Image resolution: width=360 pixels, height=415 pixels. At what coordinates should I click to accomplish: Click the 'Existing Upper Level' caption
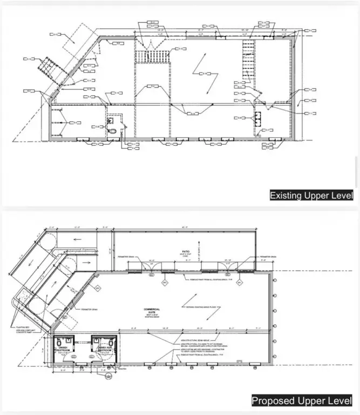coord(311,195)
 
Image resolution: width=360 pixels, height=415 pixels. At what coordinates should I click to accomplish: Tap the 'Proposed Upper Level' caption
coord(302,401)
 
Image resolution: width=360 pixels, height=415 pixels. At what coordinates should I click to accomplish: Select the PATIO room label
coord(185,252)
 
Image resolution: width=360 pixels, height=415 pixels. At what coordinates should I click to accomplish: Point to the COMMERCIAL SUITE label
coord(153,311)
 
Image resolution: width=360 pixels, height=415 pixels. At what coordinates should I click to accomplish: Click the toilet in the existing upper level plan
coord(112,130)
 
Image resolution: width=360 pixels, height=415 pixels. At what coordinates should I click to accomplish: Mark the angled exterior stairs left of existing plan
coord(45,69)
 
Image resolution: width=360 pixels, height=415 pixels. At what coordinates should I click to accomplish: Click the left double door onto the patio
coord(153,266)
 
